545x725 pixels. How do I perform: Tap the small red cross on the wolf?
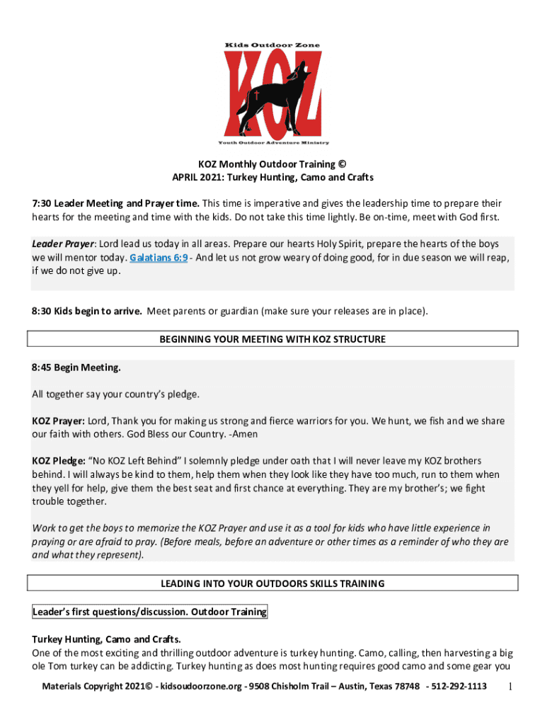(258, 93)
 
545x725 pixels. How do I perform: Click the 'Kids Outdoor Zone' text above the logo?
(272, 45)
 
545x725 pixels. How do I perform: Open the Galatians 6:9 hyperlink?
(159, 258)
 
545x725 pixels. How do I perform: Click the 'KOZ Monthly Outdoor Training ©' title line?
(272, 164)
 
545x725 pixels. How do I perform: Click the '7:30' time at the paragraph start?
(42, 204)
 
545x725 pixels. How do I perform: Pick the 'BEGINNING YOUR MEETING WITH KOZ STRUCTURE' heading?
(272, 339)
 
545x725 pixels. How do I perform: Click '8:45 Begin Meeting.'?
(76, 367)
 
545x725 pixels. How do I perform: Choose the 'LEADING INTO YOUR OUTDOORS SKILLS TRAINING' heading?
(272, 583)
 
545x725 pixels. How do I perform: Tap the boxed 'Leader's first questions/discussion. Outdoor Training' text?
(149, 612)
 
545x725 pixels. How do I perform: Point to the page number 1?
(511, 687)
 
